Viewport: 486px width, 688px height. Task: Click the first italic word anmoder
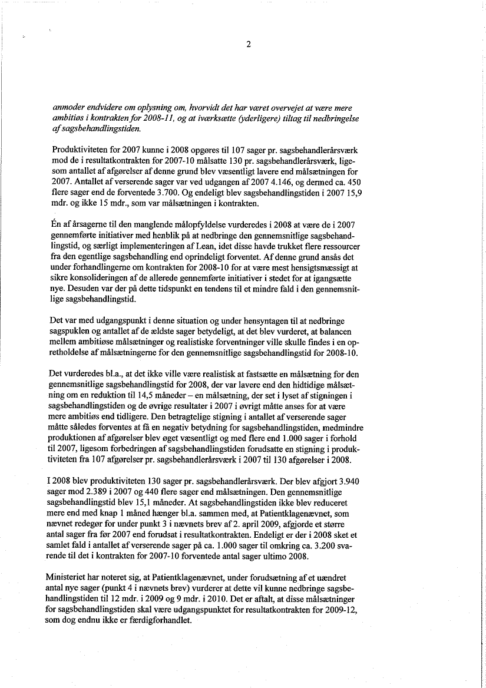pos(68,107)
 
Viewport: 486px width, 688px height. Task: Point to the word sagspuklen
pos(72,331)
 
